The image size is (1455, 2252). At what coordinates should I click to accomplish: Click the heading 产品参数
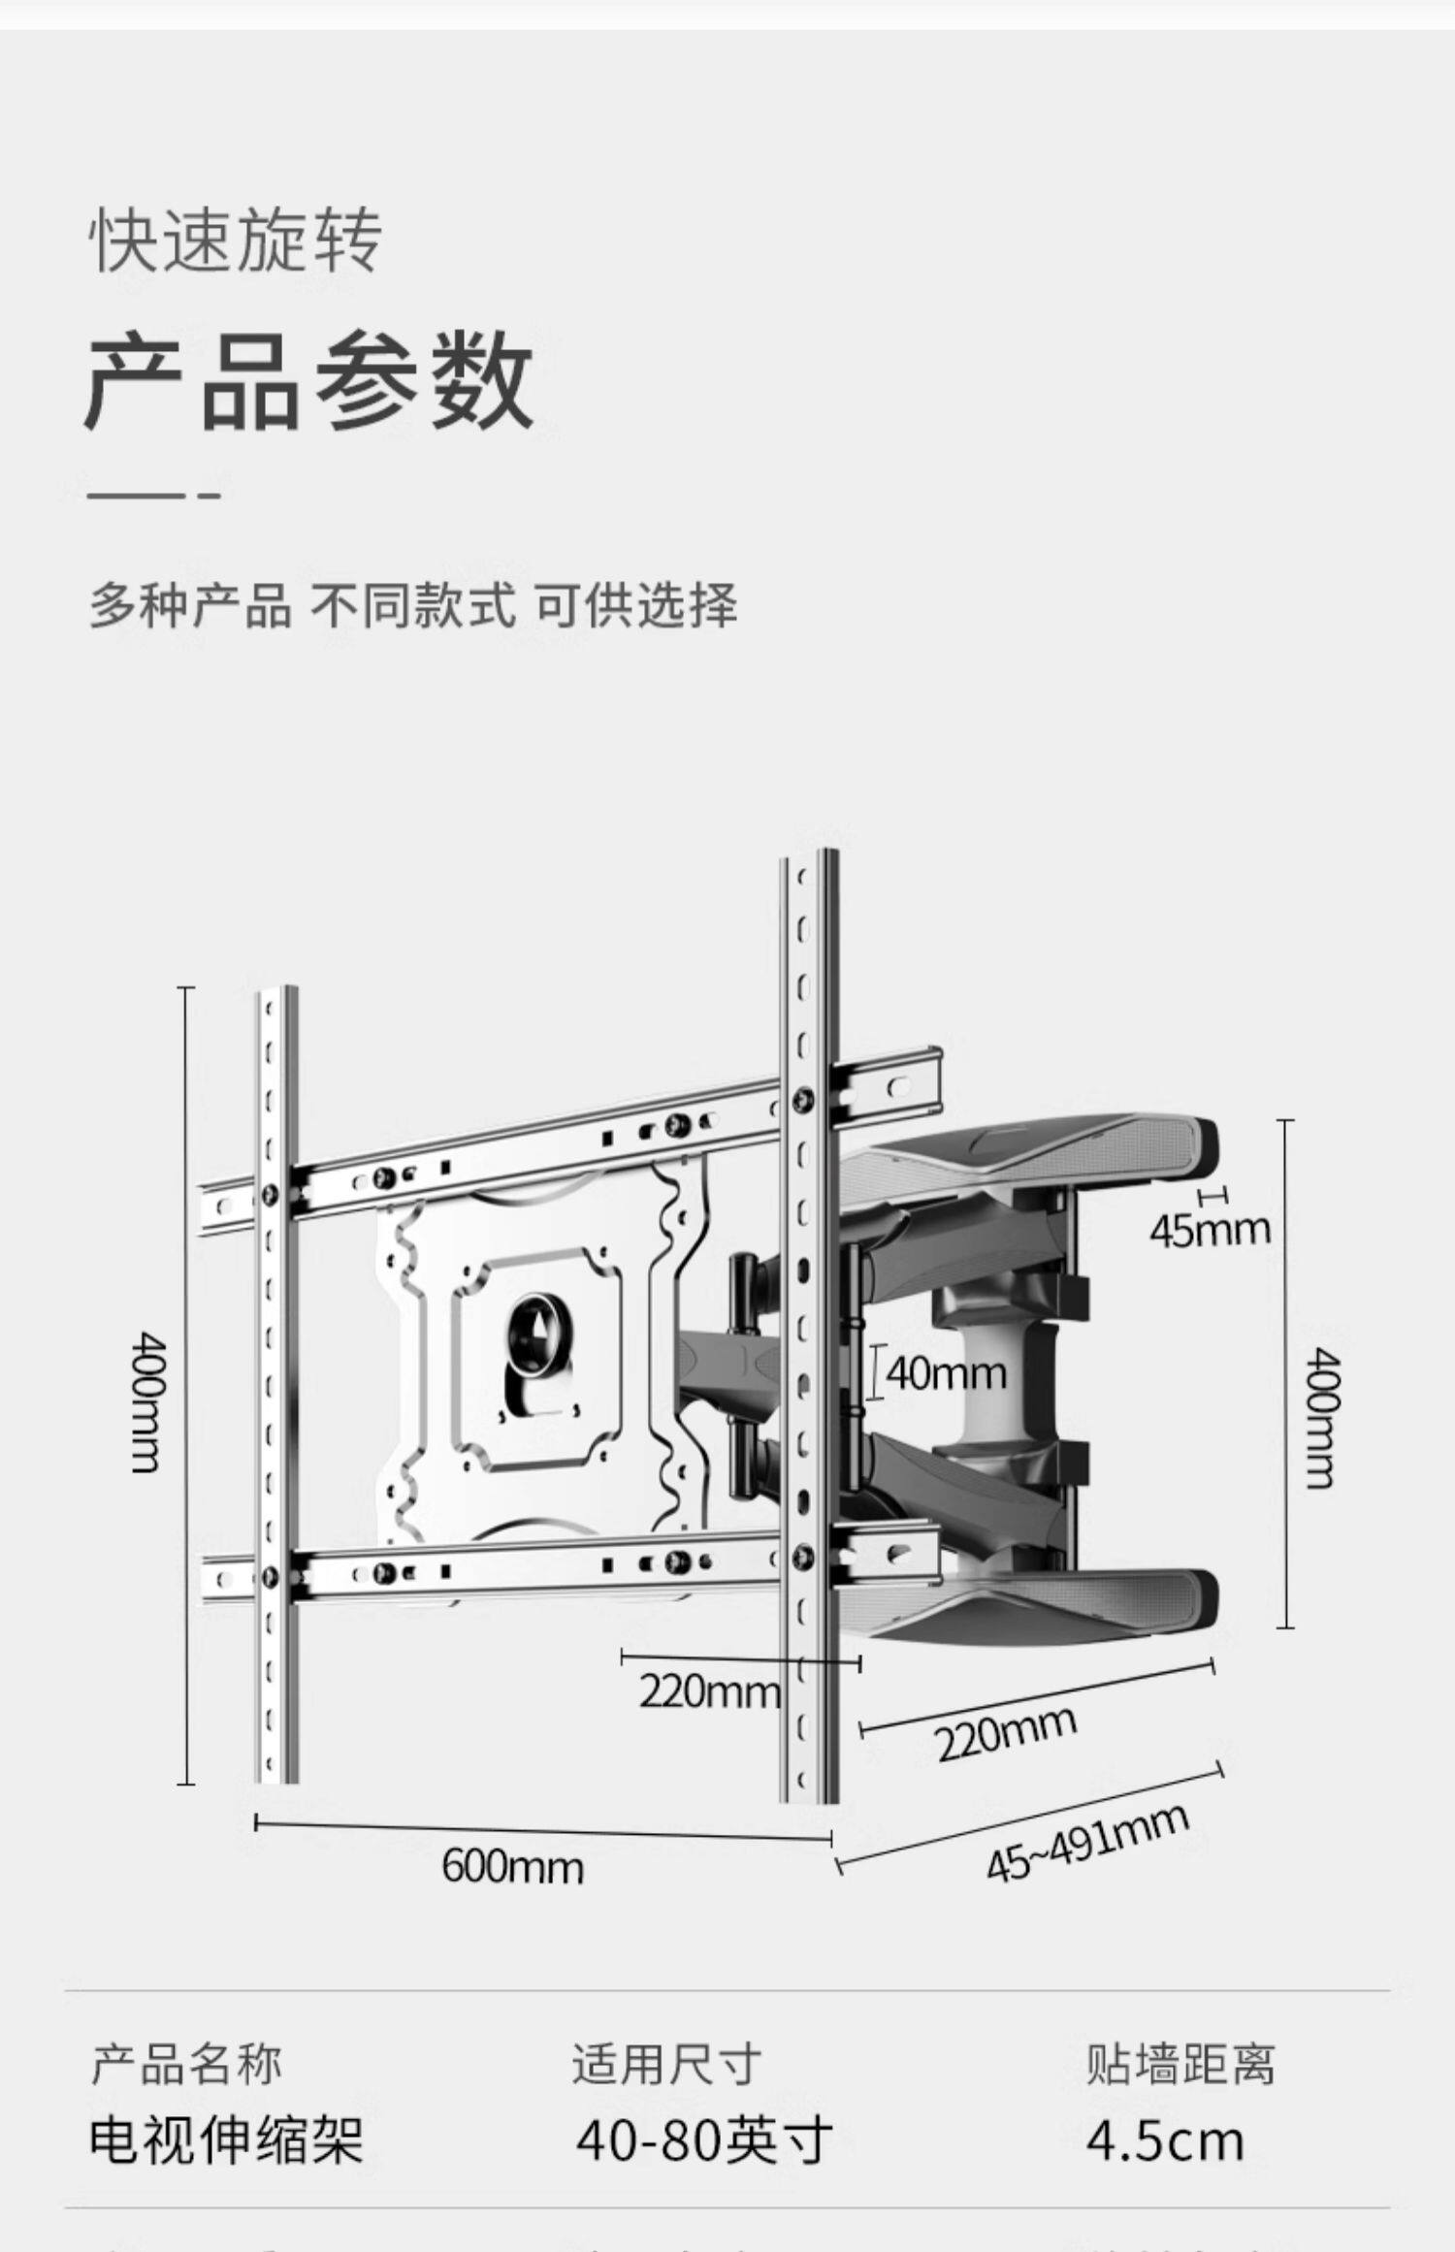coord(308,380)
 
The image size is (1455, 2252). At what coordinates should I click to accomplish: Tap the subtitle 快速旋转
coord(236,241)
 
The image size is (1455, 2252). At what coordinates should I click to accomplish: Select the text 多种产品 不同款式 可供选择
coord(413,604)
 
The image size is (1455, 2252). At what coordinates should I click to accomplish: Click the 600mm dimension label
coord(512,1866)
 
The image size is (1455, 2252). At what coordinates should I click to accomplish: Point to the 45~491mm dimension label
coord(1086,1842)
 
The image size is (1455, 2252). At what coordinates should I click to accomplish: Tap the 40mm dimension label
coord(946,1373)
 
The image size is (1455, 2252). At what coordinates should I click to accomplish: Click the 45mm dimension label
coord(1210,1230)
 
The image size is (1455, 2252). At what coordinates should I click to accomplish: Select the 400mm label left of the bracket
coord(148,1401)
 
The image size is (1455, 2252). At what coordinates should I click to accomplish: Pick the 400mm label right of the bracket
coord(1320,1416)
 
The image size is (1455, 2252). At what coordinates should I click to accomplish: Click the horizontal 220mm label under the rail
coord(709,1691)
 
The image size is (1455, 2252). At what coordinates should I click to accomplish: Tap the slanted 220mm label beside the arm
coord(1006,1732)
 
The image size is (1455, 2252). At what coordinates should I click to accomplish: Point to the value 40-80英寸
coord(704,2139)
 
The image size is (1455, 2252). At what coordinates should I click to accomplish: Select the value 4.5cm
coord(1164,2139)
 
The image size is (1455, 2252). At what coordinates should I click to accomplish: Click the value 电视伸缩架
coord(226,2139)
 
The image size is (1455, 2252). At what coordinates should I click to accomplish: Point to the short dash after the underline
coord(209,496)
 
